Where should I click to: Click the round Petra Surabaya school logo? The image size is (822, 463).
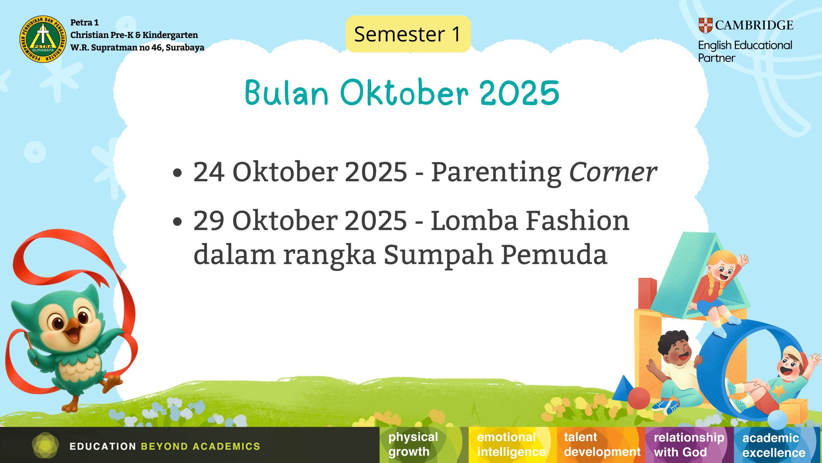tap(43, 39)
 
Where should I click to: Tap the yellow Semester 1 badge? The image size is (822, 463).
tap(408, 34)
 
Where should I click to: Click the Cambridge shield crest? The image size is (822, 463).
tap(706, 25)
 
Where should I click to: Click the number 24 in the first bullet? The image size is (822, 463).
tap(209, 172)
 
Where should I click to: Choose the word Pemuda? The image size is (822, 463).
tap(554, 254)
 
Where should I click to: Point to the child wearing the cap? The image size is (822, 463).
tap(774, 379)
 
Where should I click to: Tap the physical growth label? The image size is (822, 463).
tap(413, 444)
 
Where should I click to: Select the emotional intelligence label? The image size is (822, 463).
tap(511, 445)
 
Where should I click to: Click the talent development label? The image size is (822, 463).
tap(602, 445)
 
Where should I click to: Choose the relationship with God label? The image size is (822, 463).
tap(689, 445)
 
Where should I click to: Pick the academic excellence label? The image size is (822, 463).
tap(774, 445)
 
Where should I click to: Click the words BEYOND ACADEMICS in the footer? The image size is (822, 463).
tap(200, 446)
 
